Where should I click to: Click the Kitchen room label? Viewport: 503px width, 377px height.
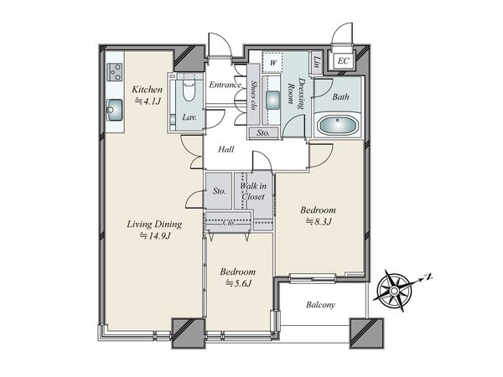tap(148, 89)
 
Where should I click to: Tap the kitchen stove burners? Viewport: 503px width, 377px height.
tap(115, 72)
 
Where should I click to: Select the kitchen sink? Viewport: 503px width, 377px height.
tap(115, 110)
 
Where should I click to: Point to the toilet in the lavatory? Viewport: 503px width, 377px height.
tap(189, 90)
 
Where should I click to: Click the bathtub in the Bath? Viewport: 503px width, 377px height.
tap(338, 125)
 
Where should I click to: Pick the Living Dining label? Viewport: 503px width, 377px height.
tap(154, 224)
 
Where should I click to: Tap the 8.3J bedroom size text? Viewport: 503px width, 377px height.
tap(318, 221)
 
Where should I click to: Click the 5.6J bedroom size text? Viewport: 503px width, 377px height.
tap(238, 283)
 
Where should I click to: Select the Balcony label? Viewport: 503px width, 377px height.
tap(320, 305)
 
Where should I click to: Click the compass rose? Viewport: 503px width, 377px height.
tap(394, 291)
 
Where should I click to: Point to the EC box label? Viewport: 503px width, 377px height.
tap(343, 61)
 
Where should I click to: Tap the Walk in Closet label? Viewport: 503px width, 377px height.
tap(253, 191)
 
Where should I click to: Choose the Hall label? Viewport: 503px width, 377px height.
tap(226, 149)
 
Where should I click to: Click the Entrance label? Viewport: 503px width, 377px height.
tap(225, 85)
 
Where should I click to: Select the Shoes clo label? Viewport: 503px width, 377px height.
tap(253, 95)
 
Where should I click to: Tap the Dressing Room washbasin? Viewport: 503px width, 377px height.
tap(273, 100)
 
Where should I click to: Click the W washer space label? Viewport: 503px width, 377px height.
tap(272, 63)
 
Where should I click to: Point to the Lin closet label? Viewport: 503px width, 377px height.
tap(317, 62)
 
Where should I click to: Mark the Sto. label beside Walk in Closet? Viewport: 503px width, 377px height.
tap(220, 191)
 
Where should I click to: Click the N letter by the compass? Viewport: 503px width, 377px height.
tap(428, 276)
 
